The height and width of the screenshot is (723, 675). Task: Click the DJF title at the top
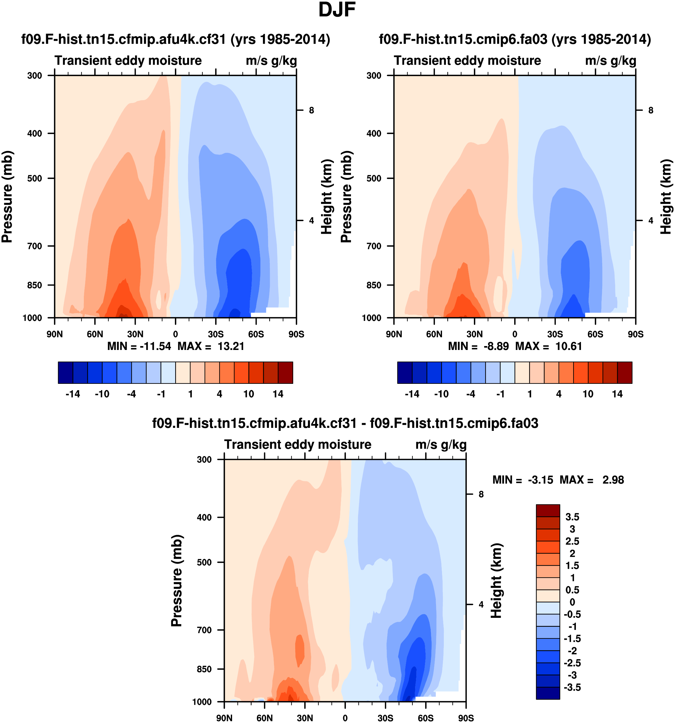337,10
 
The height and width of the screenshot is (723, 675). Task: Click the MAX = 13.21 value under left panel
211,346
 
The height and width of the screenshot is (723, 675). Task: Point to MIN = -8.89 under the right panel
478,346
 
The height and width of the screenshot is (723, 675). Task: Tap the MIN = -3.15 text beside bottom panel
522,480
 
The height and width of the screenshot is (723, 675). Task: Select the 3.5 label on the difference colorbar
572,517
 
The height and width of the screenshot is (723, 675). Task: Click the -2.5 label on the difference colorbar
572,663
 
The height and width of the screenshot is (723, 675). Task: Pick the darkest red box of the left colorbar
285,372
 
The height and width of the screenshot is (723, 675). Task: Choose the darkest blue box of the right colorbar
405,372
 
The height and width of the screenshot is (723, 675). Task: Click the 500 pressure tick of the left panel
35,179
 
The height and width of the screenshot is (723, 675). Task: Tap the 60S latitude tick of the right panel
595,334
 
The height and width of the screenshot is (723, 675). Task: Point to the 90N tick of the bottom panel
224,718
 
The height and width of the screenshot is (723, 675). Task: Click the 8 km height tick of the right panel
651,110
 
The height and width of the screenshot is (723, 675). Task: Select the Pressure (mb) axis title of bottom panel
176,580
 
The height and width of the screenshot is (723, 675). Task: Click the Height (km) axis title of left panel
327,196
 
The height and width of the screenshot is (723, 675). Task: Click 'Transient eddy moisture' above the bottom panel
298,444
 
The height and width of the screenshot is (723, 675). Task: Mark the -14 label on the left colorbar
73,394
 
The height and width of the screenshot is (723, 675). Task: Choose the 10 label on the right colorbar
588,394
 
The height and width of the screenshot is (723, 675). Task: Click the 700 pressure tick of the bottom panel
204,630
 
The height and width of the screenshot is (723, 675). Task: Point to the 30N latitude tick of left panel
135,334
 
